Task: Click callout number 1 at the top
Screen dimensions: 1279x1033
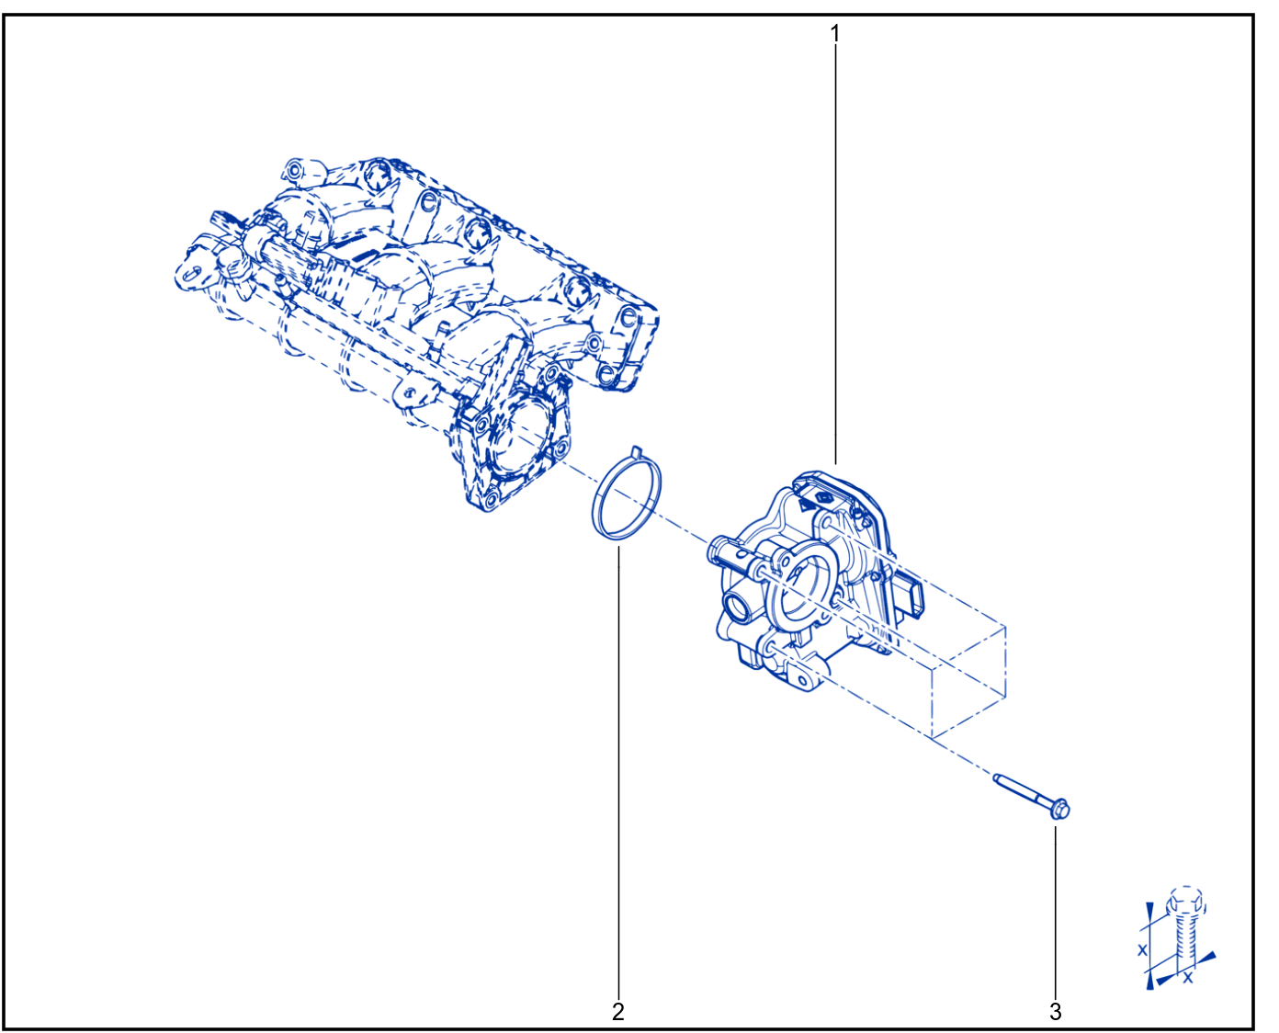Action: [834, 33]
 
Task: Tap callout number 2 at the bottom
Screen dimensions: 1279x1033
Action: [617, 1011]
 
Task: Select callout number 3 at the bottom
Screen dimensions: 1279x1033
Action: [1055, 1011]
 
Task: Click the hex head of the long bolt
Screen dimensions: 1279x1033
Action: [1059, 810]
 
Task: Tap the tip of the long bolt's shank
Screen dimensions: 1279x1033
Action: [995, 778]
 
